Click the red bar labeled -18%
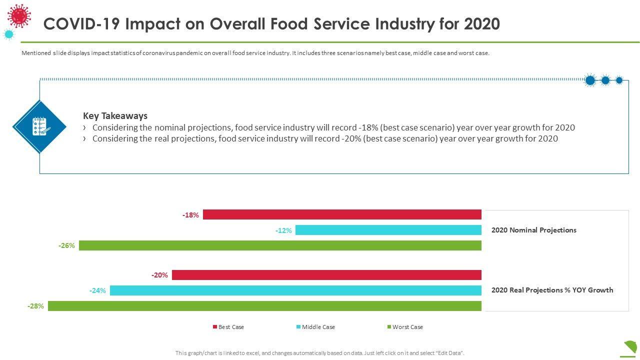coord(342,215)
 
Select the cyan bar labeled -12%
coord(388,230)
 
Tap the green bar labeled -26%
coord(280,245)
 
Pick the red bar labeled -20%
coord(326,275)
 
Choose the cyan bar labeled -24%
coord(295,290)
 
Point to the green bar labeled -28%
coord(264,306)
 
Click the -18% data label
coord(190,215)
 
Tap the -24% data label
coord(97,290)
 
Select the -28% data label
coord(35,306)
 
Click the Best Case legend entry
coord(228,327)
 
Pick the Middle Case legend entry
coord(315,327)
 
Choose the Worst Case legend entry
coord(405,327)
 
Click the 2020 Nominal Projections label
coord(533,230)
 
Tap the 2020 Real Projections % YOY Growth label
coord(552,290)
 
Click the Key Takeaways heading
coord(115,115)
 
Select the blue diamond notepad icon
coord(39,126)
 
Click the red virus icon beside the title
coord(19,16)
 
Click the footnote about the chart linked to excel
coord(320,353)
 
